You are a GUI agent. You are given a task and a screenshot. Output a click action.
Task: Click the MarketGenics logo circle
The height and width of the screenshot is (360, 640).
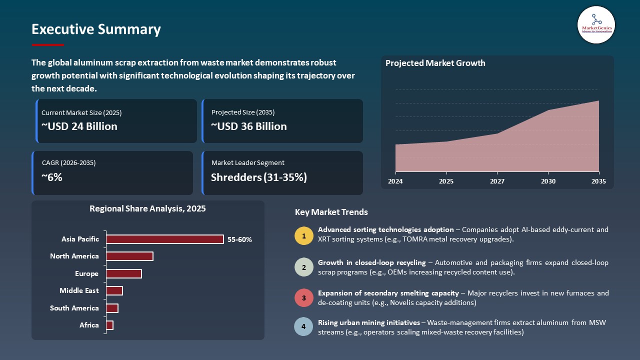pos(596,24)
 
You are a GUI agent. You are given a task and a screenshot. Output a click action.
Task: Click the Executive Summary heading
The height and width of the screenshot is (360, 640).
pos(96,29)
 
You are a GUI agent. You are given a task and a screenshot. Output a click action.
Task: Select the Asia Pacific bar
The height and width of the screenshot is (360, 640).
pos(164,239)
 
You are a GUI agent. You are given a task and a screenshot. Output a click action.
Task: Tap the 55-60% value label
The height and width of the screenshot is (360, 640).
pos(239,239)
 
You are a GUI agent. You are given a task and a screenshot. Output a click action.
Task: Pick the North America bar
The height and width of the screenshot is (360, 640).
pos(129,256)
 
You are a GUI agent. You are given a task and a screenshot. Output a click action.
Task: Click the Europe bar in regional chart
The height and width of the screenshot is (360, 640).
pos(123,273)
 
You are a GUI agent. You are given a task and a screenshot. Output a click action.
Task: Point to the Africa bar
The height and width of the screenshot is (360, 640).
pos(109,325)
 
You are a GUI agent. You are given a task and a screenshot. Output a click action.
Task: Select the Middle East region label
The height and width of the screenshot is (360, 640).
pos(79,290)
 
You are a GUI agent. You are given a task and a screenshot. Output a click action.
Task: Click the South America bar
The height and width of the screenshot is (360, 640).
pos(112,308)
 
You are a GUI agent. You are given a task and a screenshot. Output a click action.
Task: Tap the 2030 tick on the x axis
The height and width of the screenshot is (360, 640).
pos(548,181)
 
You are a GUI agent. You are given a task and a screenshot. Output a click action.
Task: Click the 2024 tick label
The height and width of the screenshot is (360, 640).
pos(395,181)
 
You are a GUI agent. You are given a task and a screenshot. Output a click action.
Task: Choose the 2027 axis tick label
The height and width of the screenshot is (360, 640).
pos(497,181)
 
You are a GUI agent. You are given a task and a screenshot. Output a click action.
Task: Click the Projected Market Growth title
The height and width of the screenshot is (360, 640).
pos(435,63)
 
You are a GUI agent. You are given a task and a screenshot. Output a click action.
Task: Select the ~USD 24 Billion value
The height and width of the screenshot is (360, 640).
pos(79,126)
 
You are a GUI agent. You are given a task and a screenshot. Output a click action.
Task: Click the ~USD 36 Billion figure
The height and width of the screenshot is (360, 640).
pos(249,126)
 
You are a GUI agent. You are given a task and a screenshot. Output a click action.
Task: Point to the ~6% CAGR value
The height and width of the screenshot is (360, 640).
pos(52,176)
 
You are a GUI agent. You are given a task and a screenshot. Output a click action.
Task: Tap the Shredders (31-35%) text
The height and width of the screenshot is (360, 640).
pos(258,177)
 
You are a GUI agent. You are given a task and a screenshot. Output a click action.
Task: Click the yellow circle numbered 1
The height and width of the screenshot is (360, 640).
pos(304,235)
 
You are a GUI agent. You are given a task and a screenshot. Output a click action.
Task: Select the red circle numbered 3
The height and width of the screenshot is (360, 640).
pos(304,297)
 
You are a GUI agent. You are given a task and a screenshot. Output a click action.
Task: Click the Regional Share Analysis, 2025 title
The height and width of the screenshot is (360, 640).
pos(147,208)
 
